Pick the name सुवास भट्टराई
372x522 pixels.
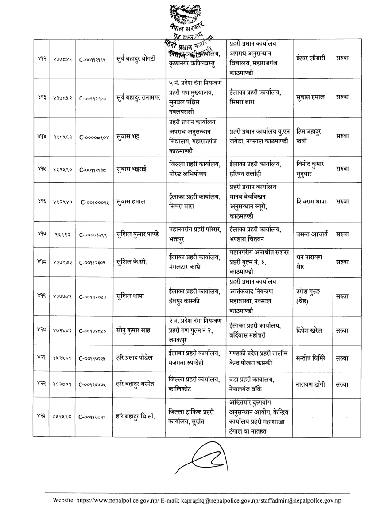(134, 169)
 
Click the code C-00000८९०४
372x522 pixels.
(95, 137)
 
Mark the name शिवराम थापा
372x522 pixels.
(310, 202)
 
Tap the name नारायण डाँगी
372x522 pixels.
(310, 384)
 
